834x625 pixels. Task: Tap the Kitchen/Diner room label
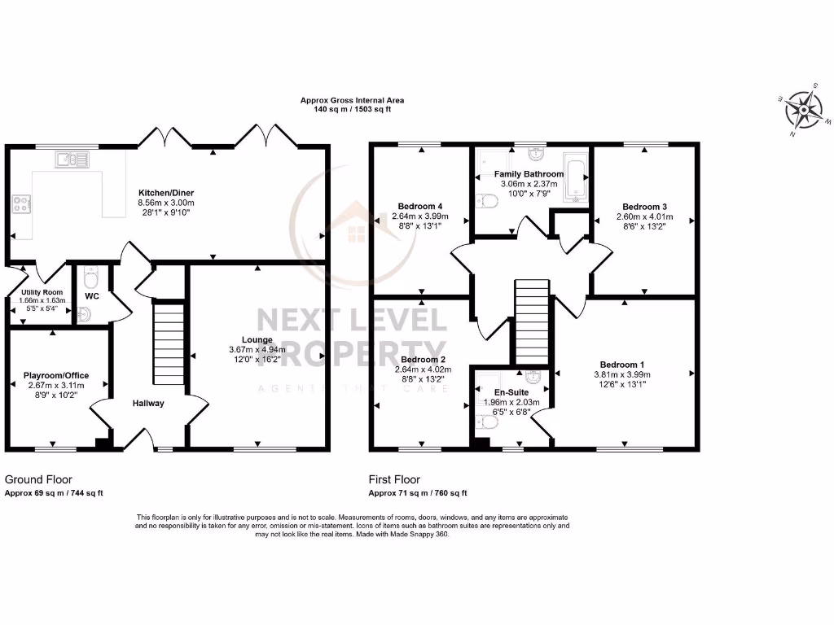pos(166,193)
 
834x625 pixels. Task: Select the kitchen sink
pos(72,160)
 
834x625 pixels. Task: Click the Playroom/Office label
pos(56,375)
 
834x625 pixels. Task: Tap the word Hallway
pos(149,403)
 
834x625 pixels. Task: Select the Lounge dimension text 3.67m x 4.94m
pos(258,350)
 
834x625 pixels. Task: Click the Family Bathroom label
pos(529,174)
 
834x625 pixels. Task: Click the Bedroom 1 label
pos(623,364)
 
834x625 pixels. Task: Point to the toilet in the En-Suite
pos(485,421)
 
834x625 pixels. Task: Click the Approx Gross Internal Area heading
pos(352,100)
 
